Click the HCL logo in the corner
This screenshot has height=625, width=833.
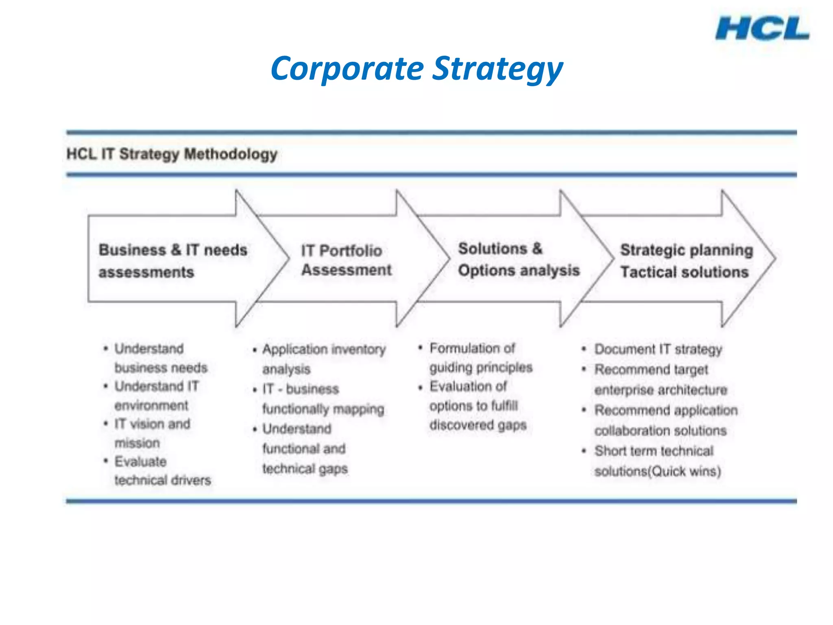click(x=762, y=28)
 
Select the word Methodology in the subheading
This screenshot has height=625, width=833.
click(x=231, y=154)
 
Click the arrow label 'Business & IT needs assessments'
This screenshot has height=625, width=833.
click(x=172, y=260)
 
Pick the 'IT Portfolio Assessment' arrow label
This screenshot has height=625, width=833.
click(x=346, y=260)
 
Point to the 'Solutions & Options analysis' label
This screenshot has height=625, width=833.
click(x=518, y=260)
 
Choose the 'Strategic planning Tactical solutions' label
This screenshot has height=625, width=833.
click(x=686, y=261)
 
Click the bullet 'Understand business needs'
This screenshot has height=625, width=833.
click(x=160, y=358)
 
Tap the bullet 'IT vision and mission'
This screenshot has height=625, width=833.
click(x=152, y=433)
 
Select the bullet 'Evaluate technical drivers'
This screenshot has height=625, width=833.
click(x=162, y=471)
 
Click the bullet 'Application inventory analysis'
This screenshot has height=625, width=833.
click(x=323, y=359)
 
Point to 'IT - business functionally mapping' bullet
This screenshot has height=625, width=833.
click(x=323, y=399)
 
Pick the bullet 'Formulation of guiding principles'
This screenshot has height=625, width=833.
click(x=480, y=358)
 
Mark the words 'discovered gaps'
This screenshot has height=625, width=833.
click(x=478, y=425)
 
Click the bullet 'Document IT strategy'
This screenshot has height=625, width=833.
click(x=658, y=349)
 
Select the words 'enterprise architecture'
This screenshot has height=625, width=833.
click(x=661, y=390)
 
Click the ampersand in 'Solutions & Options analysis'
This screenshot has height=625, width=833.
click(x=537, y=248)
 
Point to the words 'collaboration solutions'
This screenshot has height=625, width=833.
click(x=660, y=431)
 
